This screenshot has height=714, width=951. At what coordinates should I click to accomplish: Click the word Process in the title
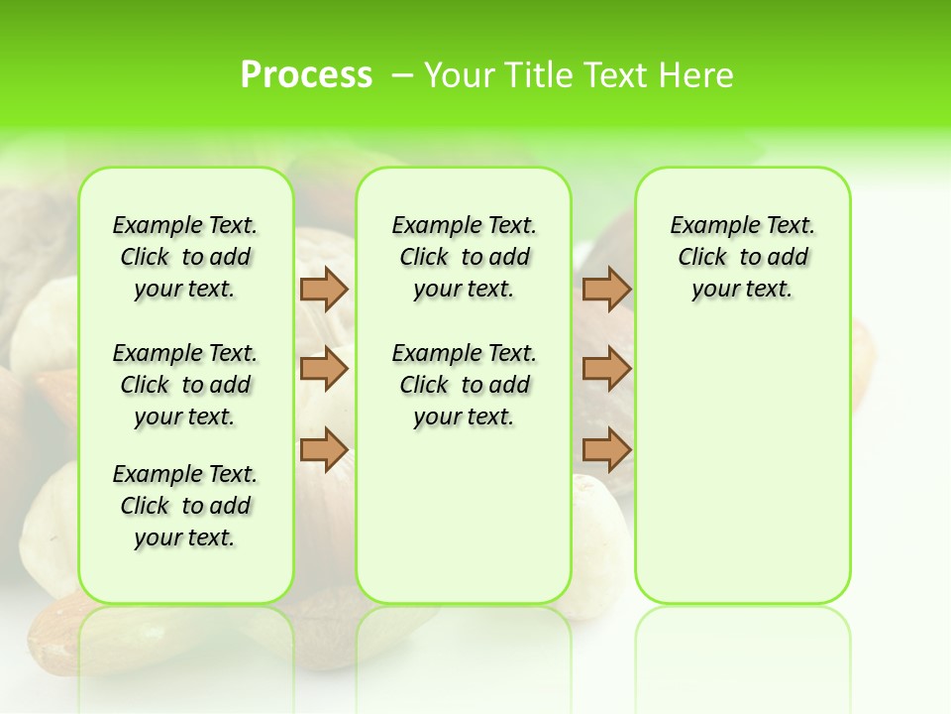pos(306,74)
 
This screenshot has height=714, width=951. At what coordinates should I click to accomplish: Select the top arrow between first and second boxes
pos(324,289)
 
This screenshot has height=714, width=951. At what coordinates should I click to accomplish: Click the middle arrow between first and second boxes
pos(324,369)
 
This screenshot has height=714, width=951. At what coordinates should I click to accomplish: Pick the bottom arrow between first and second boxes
pos(324,449)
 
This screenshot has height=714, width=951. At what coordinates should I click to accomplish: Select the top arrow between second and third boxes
pos(606,289)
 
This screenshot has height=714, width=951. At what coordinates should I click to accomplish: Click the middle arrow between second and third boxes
pos(606,369)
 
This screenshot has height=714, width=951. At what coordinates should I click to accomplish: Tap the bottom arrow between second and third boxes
pos(606,449)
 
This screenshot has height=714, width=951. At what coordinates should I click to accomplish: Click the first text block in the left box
pos(185,257)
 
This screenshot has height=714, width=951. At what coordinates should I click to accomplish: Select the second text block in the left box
pos(185,385)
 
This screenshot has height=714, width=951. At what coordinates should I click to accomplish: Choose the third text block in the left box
pos(185,506)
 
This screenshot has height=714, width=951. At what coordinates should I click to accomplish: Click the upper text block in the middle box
pos(464,257)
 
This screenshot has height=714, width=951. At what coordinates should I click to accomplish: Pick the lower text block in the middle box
pos(464,385)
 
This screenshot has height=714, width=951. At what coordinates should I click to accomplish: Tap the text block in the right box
pos(742,257)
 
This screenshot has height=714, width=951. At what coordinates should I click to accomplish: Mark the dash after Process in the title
pos(402,74)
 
